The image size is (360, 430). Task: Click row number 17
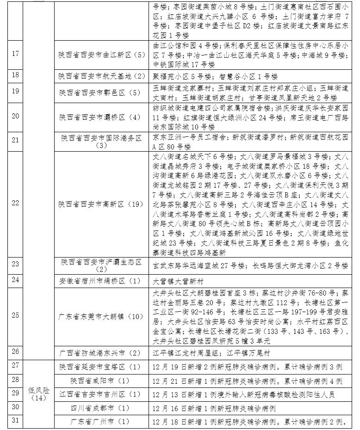(x=15, y=54)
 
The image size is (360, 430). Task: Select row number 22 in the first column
(x=15, y=203)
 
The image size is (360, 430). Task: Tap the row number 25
(x=15, y=315)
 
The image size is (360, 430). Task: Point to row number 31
(x=15, y=421)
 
